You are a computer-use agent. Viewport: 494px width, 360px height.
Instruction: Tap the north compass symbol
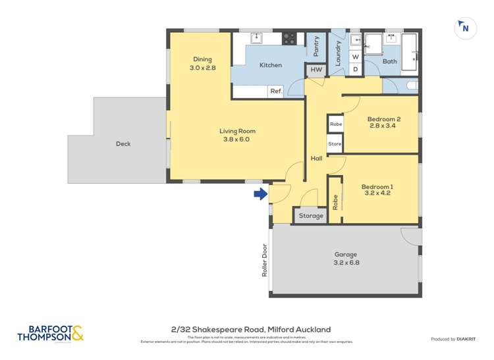pos(465,28)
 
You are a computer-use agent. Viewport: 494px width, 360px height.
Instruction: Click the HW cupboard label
pos(316,70)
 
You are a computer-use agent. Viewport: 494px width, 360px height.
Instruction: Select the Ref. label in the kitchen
pos(276,91)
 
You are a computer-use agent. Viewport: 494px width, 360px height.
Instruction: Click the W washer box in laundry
pos(355,57)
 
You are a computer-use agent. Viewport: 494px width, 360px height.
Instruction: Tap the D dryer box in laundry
pos(355,69)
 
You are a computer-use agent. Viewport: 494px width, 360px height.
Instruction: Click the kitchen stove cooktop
pos(289,39)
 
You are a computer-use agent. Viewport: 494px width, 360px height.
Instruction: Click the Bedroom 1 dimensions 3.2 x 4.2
pos(377,194)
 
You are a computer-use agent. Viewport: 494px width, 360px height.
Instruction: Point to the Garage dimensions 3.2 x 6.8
pos(345,263)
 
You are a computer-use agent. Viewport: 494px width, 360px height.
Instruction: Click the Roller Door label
pos(265,261)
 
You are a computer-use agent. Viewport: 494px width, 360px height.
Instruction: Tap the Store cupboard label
pos(335,143)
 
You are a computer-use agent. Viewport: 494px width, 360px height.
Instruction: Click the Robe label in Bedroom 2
pos(336,124)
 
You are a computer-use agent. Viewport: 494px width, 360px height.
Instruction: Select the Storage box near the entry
pos(311,216)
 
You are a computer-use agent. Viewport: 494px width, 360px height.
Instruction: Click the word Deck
pos(123,143)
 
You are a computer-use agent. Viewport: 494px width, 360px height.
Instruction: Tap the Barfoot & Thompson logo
pos(51,334)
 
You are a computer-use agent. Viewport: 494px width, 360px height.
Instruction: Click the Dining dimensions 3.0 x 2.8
pos(202,68)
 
